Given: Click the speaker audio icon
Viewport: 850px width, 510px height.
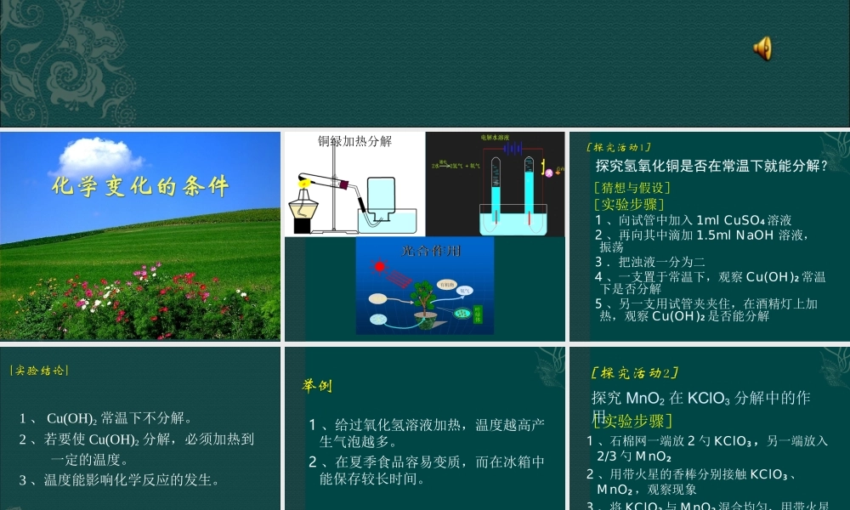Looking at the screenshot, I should pos(762,48).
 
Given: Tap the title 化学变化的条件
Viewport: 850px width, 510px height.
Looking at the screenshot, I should pos(140,187).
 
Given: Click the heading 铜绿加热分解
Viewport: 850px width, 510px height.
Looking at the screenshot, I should pos(355,142).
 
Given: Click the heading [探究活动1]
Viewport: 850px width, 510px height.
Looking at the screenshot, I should pos(620,148).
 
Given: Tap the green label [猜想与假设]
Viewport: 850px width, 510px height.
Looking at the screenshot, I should pos(632,188).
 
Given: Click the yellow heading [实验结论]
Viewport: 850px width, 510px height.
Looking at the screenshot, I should pos(39,371).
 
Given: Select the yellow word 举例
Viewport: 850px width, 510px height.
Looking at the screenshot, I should pos(317,387).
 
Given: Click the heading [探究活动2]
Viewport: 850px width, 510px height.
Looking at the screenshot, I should pos(634,373).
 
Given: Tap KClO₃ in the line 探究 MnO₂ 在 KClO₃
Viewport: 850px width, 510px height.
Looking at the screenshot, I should pos(709,398).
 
